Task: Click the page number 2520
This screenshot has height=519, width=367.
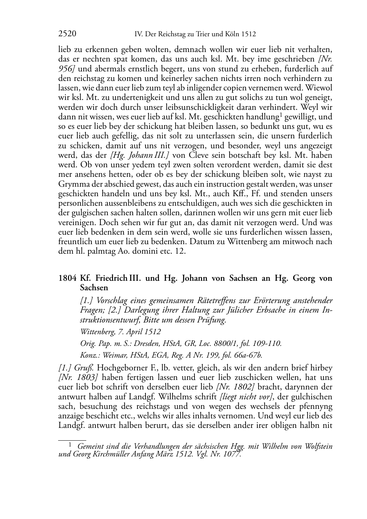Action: tap(67, 34)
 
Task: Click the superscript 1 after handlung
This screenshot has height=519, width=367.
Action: tap(280, 115)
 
